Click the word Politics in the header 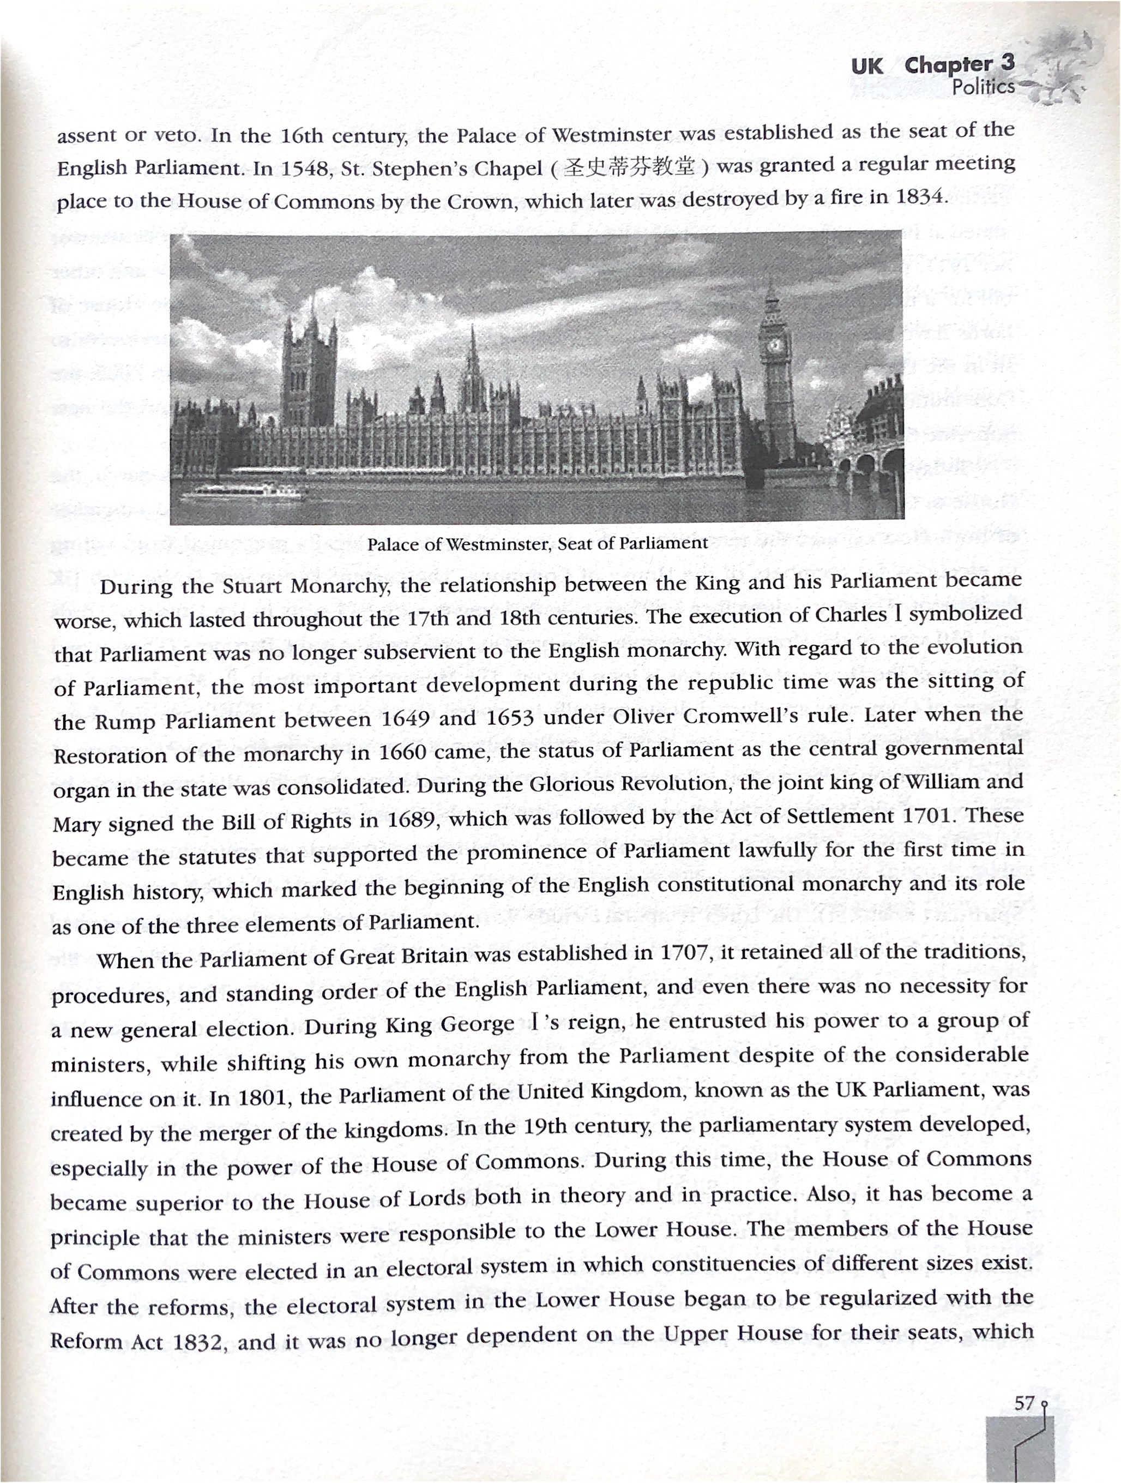(x=984, y=87)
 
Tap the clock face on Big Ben (x=775, y=346)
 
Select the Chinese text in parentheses (x=629, y=166)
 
